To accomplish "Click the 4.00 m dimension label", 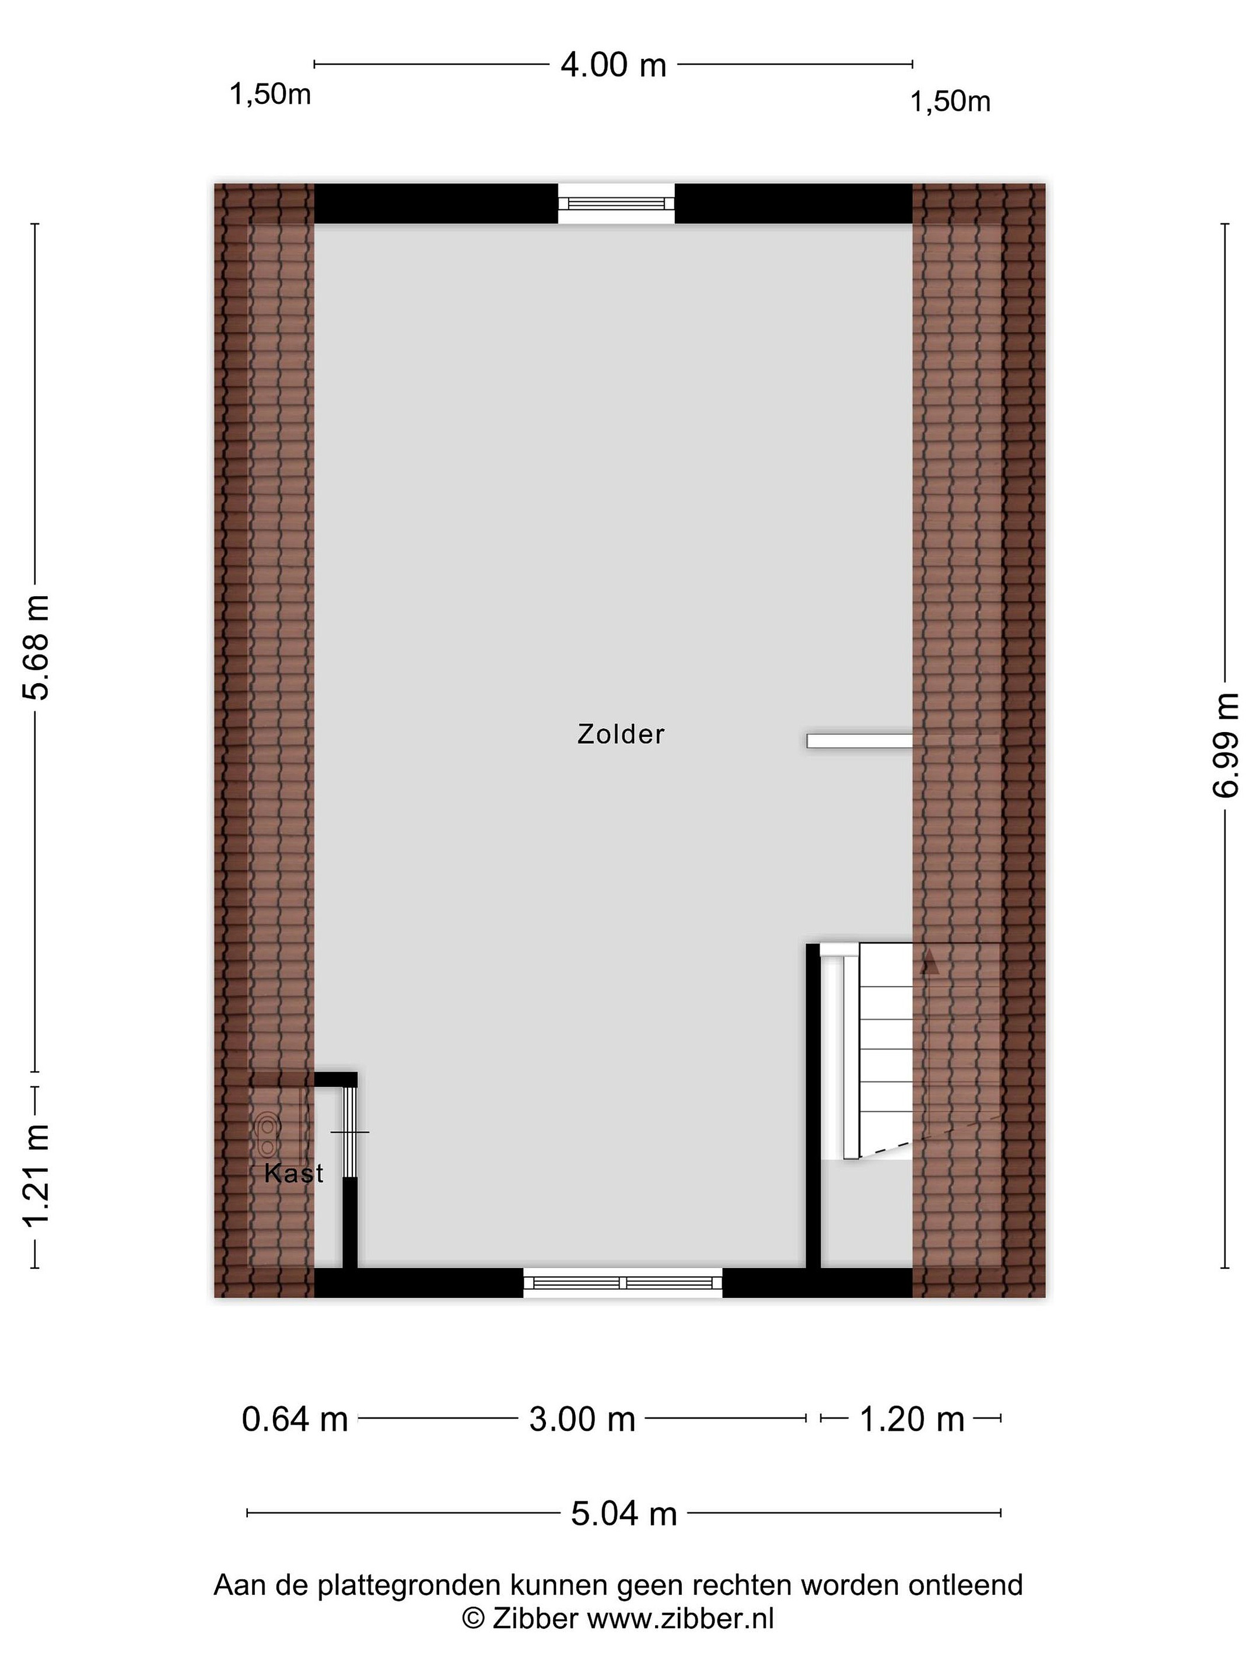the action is pyautogui.click(x=613, y=65).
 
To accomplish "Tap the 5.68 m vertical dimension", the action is pyautogui.click(x=36, y=646).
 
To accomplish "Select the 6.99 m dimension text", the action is pyautogui.click(x=1224, y=745).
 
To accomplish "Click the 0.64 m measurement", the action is pyautogui.click(x=295, y=1419).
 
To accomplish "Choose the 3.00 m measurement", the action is pyautogui.click(x=582, y=1419).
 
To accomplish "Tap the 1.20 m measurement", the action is pyautogui.click(x=911, y=1419).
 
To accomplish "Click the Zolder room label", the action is pyautogui.click(x=621, y=734).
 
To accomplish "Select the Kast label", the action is pyautogui.click(x=293, y=1174).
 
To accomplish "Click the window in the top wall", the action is pyautogui.click(x=616, y=204).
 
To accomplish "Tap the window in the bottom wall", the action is pyautogui.click(x=623, y=1283).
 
